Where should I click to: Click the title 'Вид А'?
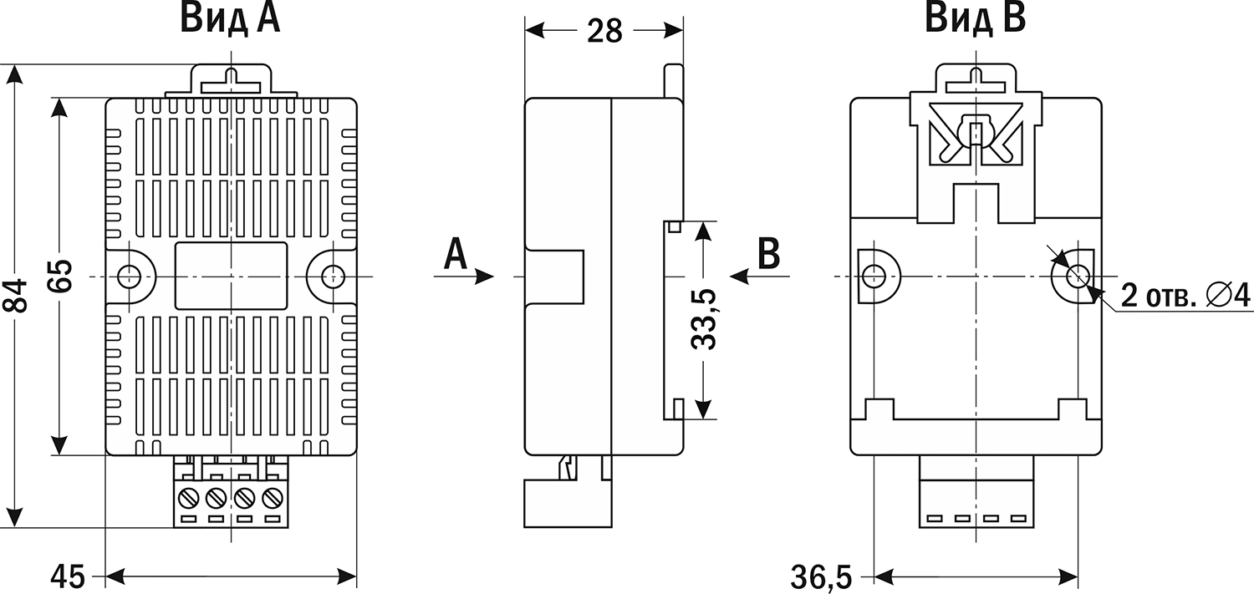230,18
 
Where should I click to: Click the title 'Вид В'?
975,18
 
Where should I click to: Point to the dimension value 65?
59,276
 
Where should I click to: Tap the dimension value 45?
69,576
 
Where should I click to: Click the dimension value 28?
604,30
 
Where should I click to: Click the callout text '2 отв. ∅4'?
1178,295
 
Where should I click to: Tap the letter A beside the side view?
455,254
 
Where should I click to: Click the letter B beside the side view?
768,254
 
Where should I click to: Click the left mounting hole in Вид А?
130,276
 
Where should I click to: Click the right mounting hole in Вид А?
333,276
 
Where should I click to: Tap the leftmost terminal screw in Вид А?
190,499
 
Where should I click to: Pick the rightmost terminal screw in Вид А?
270,499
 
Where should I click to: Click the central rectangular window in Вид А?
231,276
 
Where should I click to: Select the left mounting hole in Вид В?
873,275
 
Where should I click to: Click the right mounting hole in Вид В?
1077,275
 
